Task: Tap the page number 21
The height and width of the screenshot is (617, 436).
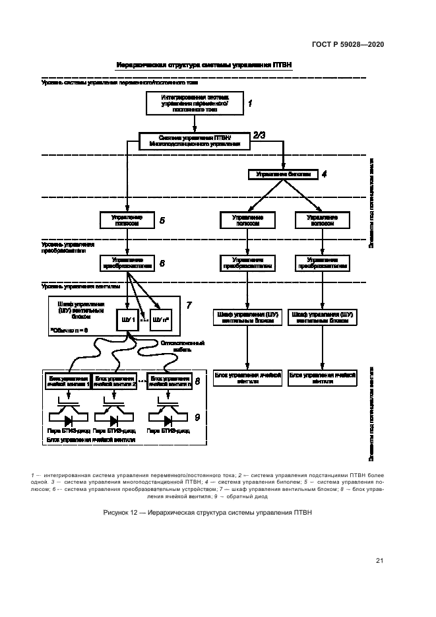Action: [x=379, y=561]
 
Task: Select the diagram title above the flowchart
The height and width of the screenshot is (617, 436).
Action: [x=204, y=65]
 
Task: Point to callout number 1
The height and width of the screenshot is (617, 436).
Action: [x=251, y=104]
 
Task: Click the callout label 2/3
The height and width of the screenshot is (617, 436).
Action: [x=259, y=135]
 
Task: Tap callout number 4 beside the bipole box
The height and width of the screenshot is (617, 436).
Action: [x=324, y=174]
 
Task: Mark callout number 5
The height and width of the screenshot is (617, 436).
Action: [x=162, y=220]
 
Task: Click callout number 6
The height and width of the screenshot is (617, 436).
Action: [x=162, y=263]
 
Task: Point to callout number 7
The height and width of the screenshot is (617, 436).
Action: [x=189, y=305]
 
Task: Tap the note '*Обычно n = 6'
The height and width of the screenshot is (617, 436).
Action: [x=69, y=329]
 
